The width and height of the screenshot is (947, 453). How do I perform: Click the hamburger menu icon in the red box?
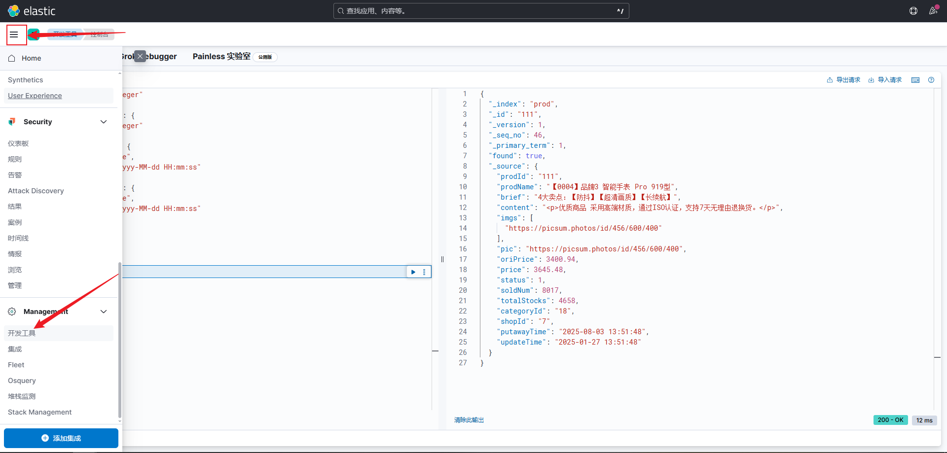tap(14, 35)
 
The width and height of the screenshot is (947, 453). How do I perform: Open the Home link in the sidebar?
tap(31, 58)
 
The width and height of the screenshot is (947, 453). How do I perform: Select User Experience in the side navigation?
tap(35, 96)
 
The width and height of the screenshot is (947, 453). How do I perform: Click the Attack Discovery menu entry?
tap(36, 191)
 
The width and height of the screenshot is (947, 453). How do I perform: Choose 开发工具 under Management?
tap(22, 333)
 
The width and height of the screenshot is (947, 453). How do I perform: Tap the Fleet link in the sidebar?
tap(16, 365)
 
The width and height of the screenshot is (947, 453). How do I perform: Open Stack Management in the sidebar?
tap(40, 412)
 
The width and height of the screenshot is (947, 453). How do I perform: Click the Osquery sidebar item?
tap(22, 381)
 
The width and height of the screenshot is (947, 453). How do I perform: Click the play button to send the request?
tap(413, 272)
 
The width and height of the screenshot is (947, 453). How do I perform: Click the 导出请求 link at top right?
tap(844, 80)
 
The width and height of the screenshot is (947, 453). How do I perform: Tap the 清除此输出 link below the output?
tap(469, 420)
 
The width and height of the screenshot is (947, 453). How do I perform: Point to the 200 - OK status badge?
tap(890, 420)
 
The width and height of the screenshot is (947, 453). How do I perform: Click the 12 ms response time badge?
tap(924, 420)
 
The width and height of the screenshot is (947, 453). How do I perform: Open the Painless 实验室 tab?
tap(221, 57)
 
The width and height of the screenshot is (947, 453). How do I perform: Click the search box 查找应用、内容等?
tap(481, 11)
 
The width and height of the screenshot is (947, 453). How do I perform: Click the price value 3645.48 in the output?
tap(549, 270)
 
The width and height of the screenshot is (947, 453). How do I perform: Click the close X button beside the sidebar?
tap(140, 56)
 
